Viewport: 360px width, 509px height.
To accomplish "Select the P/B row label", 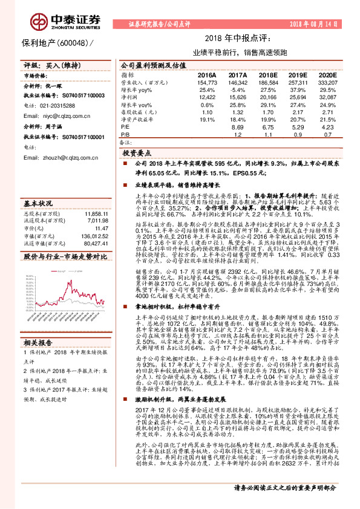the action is coord(126,135).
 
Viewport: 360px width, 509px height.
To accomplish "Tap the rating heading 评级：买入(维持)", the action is coord(46,64).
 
